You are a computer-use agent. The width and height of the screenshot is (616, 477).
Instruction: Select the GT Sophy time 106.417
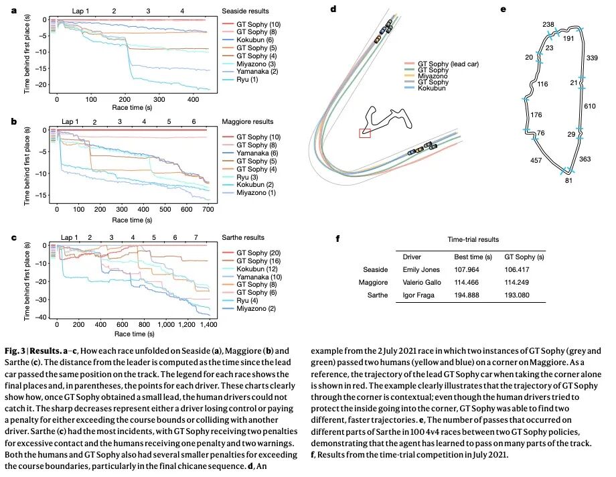(x=519, y=269)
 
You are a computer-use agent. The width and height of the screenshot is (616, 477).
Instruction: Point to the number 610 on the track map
(x=589, y=107)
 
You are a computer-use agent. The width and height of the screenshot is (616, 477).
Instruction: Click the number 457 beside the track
(x=536, y=161)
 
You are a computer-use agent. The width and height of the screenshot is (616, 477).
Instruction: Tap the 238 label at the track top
(x=548, y=25)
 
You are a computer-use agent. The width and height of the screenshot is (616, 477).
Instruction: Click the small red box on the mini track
(x=365, y=133)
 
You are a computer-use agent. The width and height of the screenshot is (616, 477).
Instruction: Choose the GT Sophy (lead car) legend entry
(x=449, y=64)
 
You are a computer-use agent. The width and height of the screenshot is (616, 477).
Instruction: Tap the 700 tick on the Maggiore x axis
(x=207, y=210)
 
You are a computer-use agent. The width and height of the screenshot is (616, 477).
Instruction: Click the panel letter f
(x=337, y=238)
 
